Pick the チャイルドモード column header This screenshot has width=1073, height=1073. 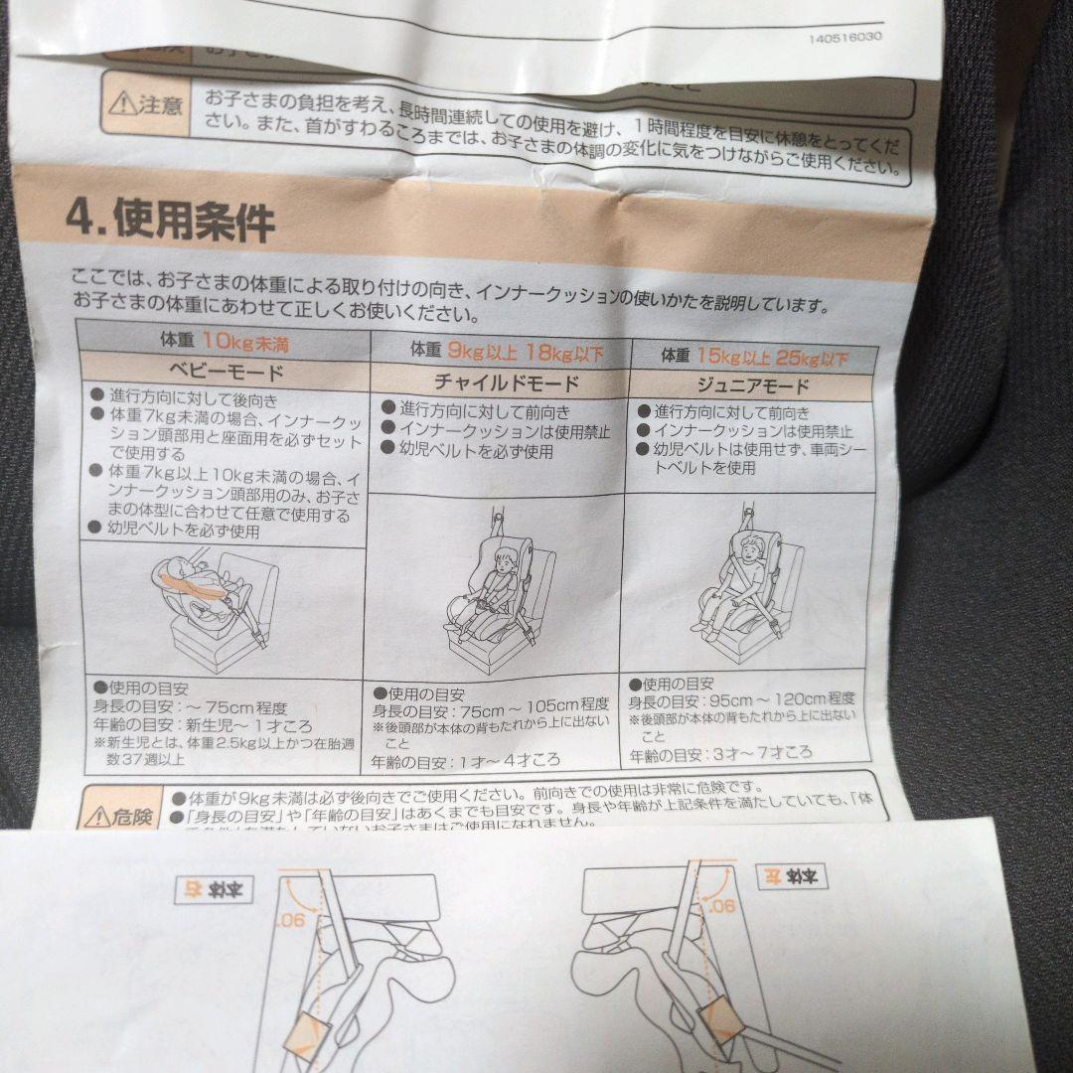[506, 383]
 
